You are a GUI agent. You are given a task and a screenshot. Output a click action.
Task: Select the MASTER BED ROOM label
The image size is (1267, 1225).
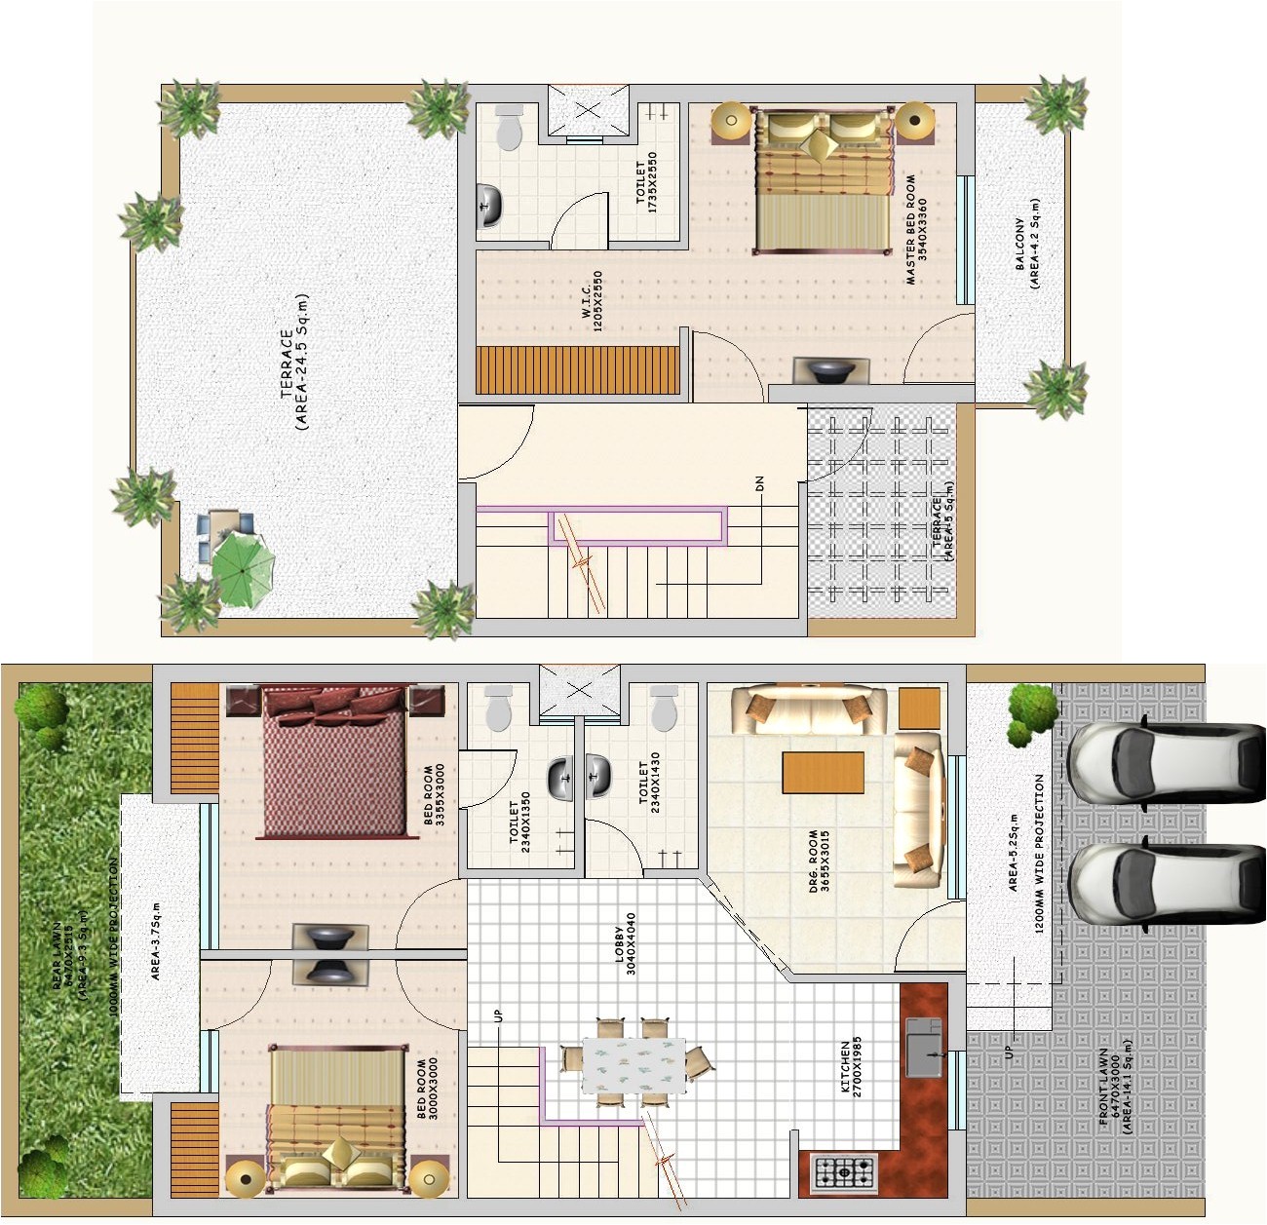(x=915, y=230)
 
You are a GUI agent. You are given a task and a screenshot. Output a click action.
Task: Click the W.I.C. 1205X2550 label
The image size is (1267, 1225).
(x=592, y=301)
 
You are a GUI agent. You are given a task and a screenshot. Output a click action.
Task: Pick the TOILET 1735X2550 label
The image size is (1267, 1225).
(x=646, y=183)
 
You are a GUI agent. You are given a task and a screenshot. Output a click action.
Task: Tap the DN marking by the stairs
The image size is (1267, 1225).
(x=759, y=483)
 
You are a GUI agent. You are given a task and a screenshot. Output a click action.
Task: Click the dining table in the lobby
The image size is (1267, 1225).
(x=633, y=1065)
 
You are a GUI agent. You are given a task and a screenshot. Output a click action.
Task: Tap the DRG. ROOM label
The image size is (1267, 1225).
(x=819, y=861)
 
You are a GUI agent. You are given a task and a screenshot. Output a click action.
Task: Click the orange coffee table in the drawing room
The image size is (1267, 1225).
(x=823, y=772)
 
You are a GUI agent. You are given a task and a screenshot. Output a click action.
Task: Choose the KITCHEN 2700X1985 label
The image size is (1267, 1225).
(x=851, y=1067)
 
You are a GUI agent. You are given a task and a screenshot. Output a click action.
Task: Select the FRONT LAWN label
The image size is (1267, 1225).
(x=1115, y=1087)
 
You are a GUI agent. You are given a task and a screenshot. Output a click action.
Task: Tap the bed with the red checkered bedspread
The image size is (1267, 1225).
(x=334, y=761)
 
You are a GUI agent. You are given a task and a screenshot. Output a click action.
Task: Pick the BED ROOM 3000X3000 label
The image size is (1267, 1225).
(x=427, y=1088)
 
